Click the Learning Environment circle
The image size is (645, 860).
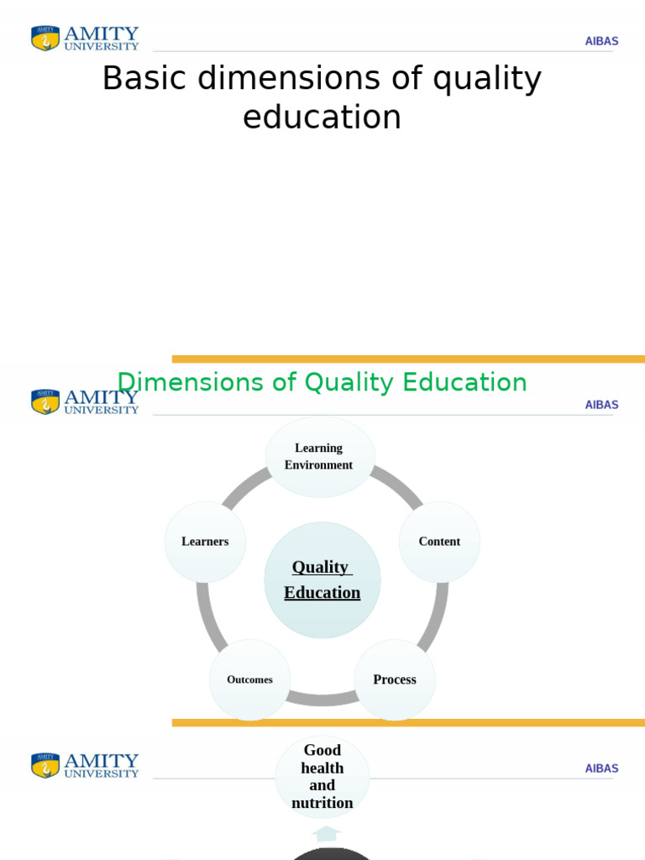319,456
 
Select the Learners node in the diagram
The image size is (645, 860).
205,542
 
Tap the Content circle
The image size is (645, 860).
439,542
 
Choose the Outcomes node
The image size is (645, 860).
249,679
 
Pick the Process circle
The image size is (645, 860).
394,679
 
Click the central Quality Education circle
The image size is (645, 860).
322,579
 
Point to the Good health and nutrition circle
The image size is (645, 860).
322,777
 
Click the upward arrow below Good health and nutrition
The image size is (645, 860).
326,833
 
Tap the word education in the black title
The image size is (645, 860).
322,118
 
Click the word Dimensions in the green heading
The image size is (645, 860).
191,383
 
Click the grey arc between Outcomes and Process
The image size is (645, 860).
322,698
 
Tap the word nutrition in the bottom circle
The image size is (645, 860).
322,804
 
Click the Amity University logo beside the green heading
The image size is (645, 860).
85,401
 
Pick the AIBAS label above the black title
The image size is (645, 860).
601,41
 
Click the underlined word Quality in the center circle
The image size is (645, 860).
320,567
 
